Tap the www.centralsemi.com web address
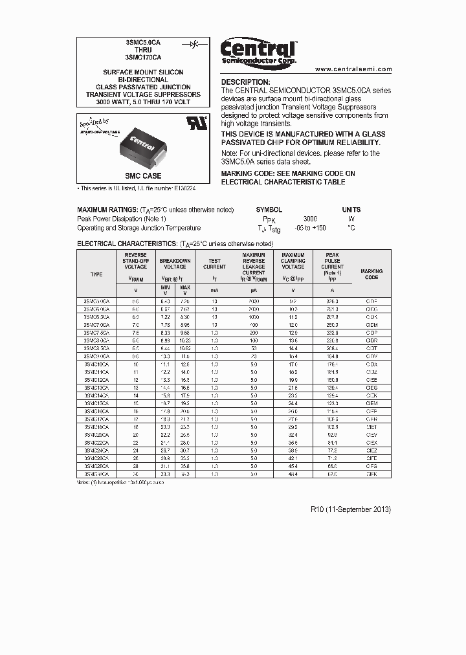coord(353,69)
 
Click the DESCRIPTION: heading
coord(245,82)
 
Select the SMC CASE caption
coord(143,176)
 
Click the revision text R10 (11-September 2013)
coord(351,509)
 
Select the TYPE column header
coord(96,274)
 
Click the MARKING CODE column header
coord(372,274)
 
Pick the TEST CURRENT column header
coord(214,264)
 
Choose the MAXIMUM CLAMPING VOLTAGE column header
coord(293,261)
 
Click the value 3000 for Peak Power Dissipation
coord(310,219)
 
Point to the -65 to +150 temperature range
coord(310,228)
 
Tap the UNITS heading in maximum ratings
coord(351,210)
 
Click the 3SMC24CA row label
coord(96,449)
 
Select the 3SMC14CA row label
coord(96,394)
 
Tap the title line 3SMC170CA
coord(143,57)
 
